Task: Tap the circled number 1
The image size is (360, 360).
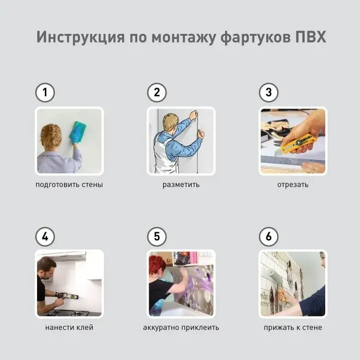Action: (x=45, y=93)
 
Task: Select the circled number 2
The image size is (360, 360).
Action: (x=157, y=93)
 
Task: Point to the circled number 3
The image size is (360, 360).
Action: (x=269, y=93)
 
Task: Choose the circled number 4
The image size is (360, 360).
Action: (x=45, y=236)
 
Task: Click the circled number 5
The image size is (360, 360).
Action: (x=157, y=236)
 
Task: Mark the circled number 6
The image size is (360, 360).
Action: (x=269, y=236)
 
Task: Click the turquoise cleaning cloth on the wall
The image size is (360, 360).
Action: (x=78, y=132)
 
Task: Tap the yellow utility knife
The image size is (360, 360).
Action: (x=296, y=145)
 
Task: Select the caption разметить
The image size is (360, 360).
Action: (x=181, y=185)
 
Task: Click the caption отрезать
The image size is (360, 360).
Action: (x=293, y=185)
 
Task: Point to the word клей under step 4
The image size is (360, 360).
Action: (x=85, y=327)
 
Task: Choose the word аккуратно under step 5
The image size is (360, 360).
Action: (x=161, y=327)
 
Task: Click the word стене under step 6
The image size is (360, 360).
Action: (x=312, y=327)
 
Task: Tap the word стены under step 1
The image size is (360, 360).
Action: (x=93, y=185)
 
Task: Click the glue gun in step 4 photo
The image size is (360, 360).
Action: (x=67, y=295)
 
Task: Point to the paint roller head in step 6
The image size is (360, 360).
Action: (x=275, y=277)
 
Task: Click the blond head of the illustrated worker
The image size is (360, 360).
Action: (x=170, y=122)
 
